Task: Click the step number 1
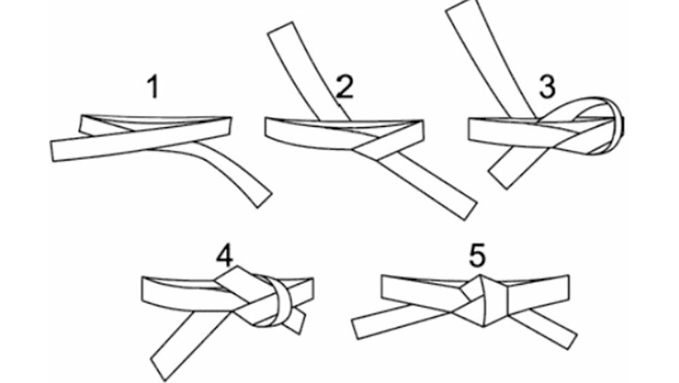click(153, 88)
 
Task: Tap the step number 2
click(344, 87)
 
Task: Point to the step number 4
click(225, 256)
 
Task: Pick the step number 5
click(477, 256)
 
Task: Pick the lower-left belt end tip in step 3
click(498, 181)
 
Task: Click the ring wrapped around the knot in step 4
click(277, 303)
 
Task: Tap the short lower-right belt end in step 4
click(297, 320)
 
